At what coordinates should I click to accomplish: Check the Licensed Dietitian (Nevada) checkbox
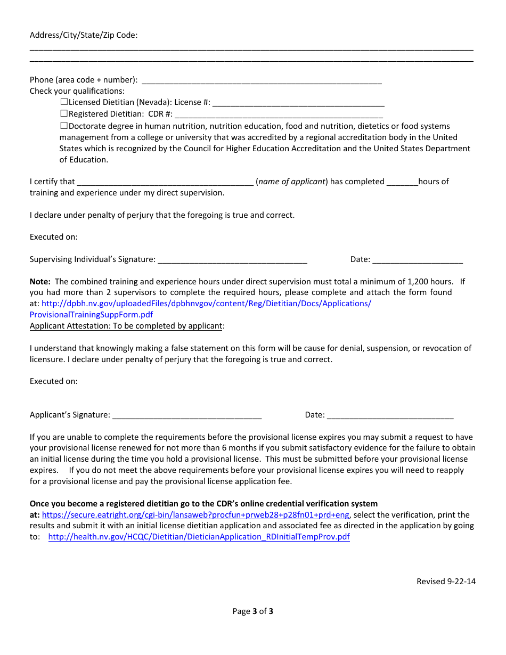click(x=64, y=102)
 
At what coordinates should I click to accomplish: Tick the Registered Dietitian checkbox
click(x=64, y=113)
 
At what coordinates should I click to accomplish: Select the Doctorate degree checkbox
click(x=64, y=126)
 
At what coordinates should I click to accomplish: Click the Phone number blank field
click(x=262, y=80)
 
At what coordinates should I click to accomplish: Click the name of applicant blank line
click(x=165, y=182)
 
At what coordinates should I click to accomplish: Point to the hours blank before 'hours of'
click(x=402, y=182)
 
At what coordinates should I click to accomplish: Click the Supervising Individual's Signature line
click(x=232, y=260)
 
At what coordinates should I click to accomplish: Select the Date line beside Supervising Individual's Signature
click(x=417, y=260)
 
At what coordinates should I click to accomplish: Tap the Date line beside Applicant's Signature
click(x=389, y=415)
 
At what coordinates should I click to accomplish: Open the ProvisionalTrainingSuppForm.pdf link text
click(x=91, y=315)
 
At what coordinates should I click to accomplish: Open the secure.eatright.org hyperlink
click(x=195, y=515)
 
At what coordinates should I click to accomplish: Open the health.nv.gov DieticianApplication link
click(x=199, y=537)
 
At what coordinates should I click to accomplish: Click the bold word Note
click(x=40, y=281)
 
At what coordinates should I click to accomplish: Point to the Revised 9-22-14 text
click(x=446, y=582)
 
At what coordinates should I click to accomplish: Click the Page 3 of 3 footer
click(x=252, y=611)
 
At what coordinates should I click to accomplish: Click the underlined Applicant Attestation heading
click(x=126, y=326)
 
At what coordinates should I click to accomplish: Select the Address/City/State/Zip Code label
click(x=84, y=35)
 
